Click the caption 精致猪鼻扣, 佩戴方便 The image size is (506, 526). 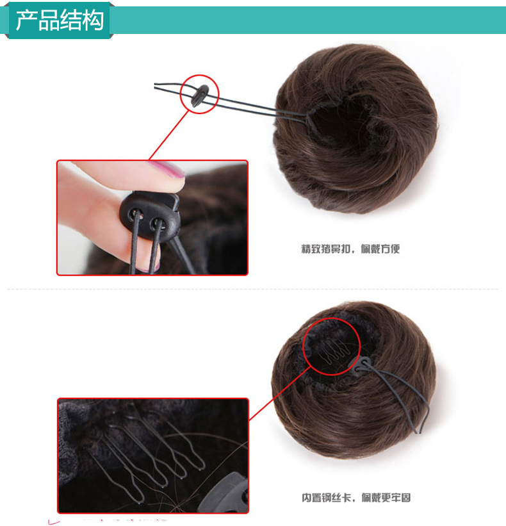(350, 249)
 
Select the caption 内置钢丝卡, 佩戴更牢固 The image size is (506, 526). (356, 497)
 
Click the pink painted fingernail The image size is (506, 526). (165, 171)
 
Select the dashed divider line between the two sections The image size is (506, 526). (252, 289)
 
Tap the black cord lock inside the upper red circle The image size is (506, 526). (198, 95)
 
